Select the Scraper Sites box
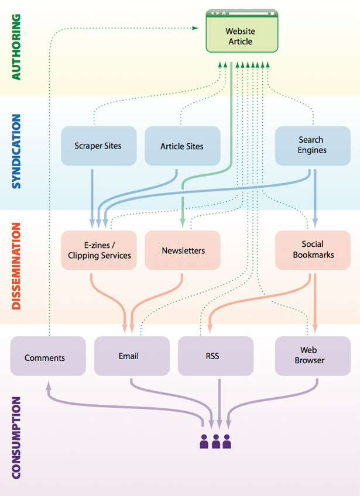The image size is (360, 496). click(x=98, y=146)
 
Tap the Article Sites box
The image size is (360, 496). click(x=182, y=146)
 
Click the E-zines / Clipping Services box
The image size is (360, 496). click(x=98, y=250)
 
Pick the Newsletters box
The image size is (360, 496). click(x=183, y=250)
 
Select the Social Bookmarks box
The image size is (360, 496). click(x=312, y=250)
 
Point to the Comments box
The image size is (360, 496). click(x=44, y=357)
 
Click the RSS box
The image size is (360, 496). click(x=212, y=356)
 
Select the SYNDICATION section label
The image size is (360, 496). click(x=16, y=151)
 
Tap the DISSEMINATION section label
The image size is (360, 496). click(x=16, y=266)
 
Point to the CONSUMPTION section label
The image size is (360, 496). click(x=16, y=438)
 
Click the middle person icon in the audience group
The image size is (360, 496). click(x=215, y=441)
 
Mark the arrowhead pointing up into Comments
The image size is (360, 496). click(x=49, y=384)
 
